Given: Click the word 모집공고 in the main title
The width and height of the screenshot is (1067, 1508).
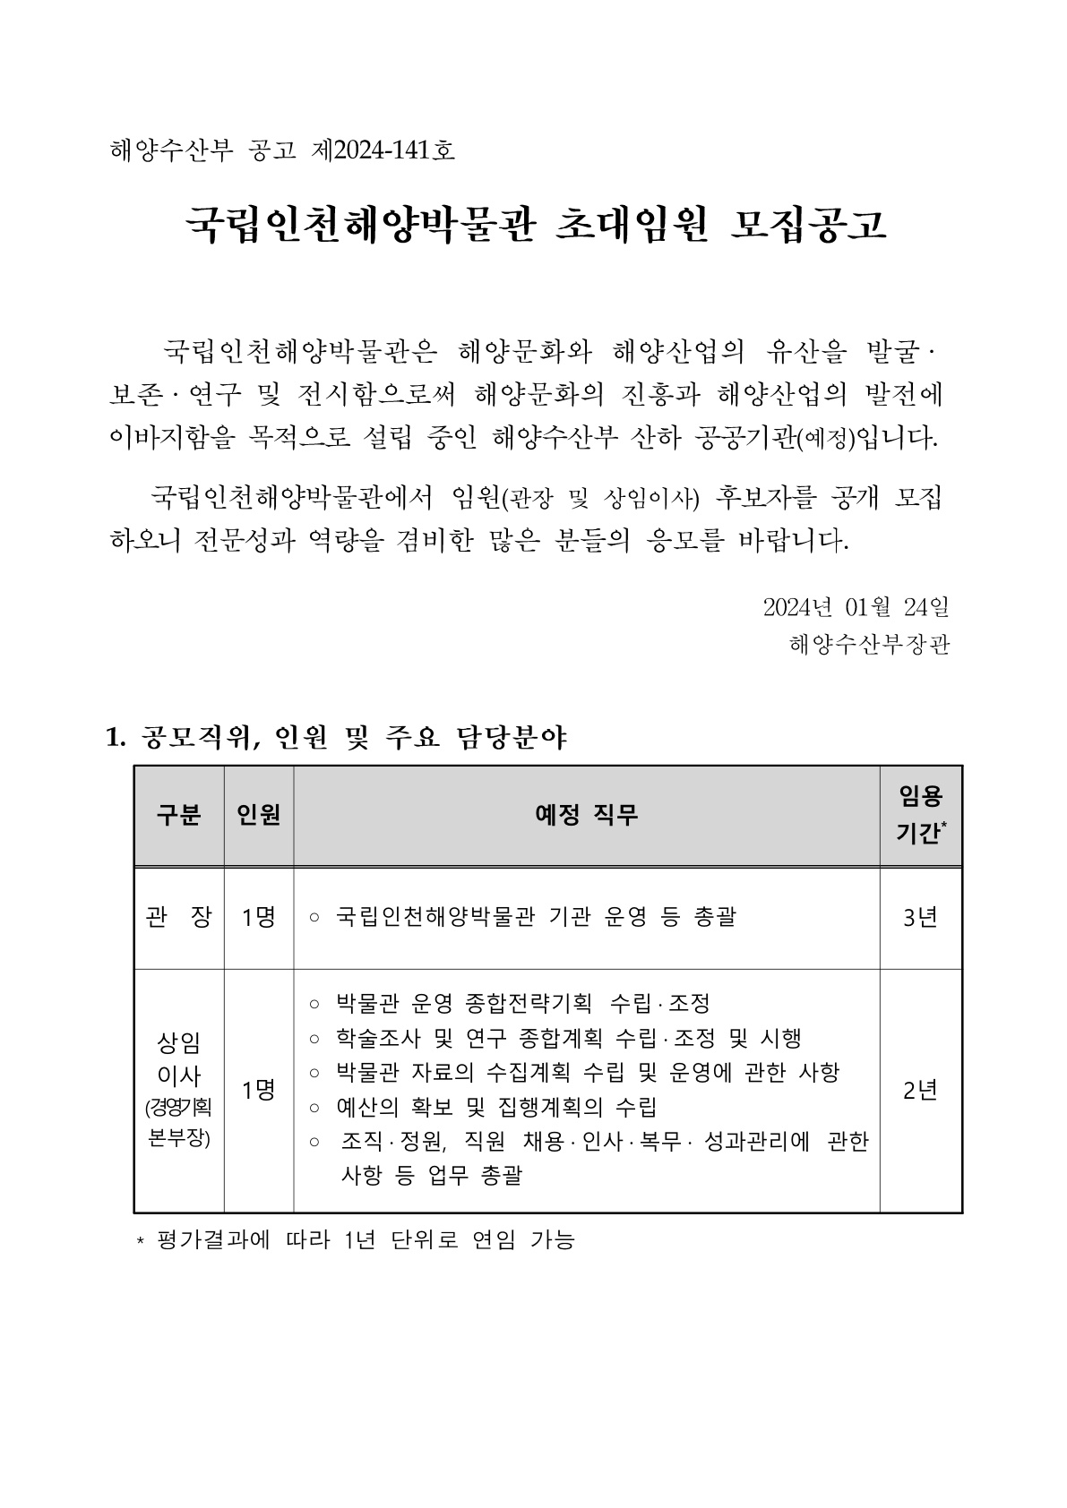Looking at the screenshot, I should point(808,226).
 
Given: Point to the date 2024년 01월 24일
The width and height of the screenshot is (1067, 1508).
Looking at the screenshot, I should point(856,607).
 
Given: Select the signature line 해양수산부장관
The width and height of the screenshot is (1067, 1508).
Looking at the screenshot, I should point(869,644).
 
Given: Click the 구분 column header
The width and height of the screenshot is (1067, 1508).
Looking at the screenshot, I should point(178,815).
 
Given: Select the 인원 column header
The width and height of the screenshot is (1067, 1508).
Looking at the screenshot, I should point(258,815).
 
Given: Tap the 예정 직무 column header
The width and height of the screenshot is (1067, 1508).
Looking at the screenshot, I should point(586,815).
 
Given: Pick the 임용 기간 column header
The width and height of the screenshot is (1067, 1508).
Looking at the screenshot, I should point(920,814).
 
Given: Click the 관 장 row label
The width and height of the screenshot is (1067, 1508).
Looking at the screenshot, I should point(178,917).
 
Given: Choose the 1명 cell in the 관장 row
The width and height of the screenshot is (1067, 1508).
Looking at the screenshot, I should point(258,917).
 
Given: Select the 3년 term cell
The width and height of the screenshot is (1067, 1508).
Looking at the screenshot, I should point(920,917).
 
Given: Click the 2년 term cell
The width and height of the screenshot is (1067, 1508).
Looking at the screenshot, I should point(920,1090).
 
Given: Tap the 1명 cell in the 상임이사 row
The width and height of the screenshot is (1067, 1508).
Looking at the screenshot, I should point(258,1090).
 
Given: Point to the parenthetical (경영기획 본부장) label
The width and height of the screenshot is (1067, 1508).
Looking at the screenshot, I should point(178,1124).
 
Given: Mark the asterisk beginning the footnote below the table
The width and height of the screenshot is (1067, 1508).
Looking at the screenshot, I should point(140,1242).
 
